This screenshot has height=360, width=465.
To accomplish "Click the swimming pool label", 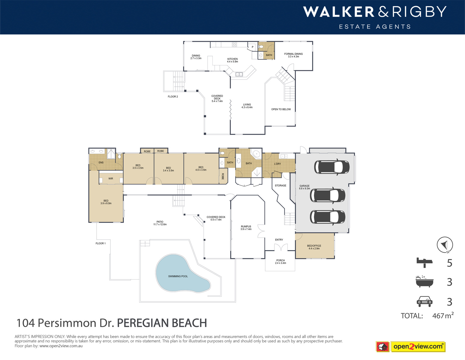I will click(x=178, y=276).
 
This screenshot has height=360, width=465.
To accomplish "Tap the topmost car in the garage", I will click(x=331, y=167).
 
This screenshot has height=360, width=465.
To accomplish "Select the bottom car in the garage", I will click(x=327, y=217).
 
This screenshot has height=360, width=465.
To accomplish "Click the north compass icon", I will click(x=445, y=245).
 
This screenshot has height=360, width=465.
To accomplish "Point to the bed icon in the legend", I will click(x=424, y=262).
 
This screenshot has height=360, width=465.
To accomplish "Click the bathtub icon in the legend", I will click(x=424, y=282).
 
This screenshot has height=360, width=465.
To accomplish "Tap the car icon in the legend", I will click(x=424, y=301).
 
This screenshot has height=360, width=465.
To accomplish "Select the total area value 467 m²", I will click(x=442, y=316).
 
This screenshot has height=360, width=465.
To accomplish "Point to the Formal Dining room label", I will click(x=293, y=55).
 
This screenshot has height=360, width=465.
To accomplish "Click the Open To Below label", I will click(x=281, y=109).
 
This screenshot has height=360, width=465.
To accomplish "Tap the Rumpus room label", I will click(x=246, y=228).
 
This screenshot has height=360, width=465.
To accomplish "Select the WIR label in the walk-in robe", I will click(x=111, y=178).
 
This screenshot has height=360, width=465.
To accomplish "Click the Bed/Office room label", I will click(x=314, y=247).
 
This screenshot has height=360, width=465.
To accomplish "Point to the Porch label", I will click(x=280, y=262).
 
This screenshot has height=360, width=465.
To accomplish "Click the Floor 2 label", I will click(x=173, y=97).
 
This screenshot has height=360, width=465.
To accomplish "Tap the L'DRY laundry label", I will click(x=277, y=164).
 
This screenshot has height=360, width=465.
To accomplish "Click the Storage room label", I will click(x=280, y=185).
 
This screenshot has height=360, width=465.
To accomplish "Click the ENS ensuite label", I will click(x=101, y=163).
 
